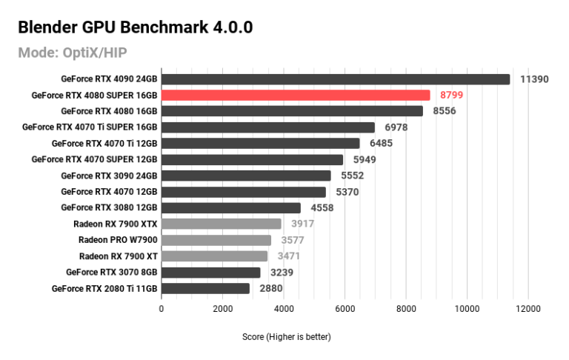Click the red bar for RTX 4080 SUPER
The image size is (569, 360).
click(296, 95)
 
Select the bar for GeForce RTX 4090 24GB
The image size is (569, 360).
click(336, 79)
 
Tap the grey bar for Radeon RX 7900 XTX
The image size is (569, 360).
click(222, 224)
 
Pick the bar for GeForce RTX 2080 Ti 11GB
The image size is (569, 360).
click(205, 288)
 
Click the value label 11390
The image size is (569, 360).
click(534, 79)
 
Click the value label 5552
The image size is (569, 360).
click(352, 176)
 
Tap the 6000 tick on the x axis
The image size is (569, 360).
click(345, 308)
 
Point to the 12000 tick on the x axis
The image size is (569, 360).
click(528, 308)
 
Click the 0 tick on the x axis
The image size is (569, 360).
click(162, 308)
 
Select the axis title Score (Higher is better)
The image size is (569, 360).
click(286, 337)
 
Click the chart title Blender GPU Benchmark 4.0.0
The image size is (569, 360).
click(135, 27)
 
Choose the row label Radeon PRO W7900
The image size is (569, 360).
click(118, 240)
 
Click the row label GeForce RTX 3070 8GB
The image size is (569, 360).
click(111, 272)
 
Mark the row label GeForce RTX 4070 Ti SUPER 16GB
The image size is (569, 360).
click(90, 127)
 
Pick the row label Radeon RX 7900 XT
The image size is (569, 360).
click(119, 256)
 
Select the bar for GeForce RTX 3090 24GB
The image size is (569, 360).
click(246, 176)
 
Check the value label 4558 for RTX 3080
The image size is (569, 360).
click(322, 207)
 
